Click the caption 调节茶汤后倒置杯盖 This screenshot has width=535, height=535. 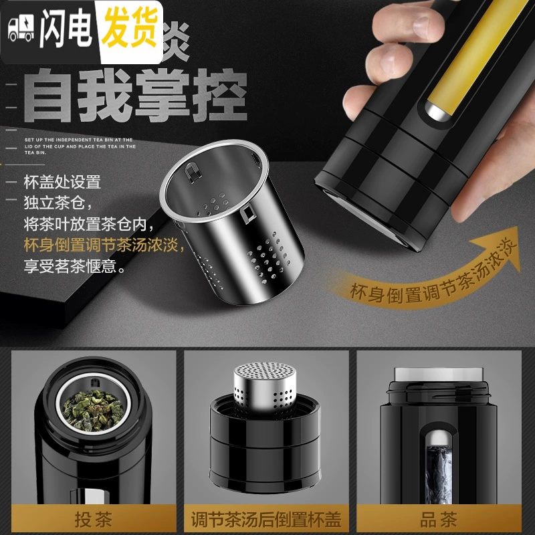click(265, 518)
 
